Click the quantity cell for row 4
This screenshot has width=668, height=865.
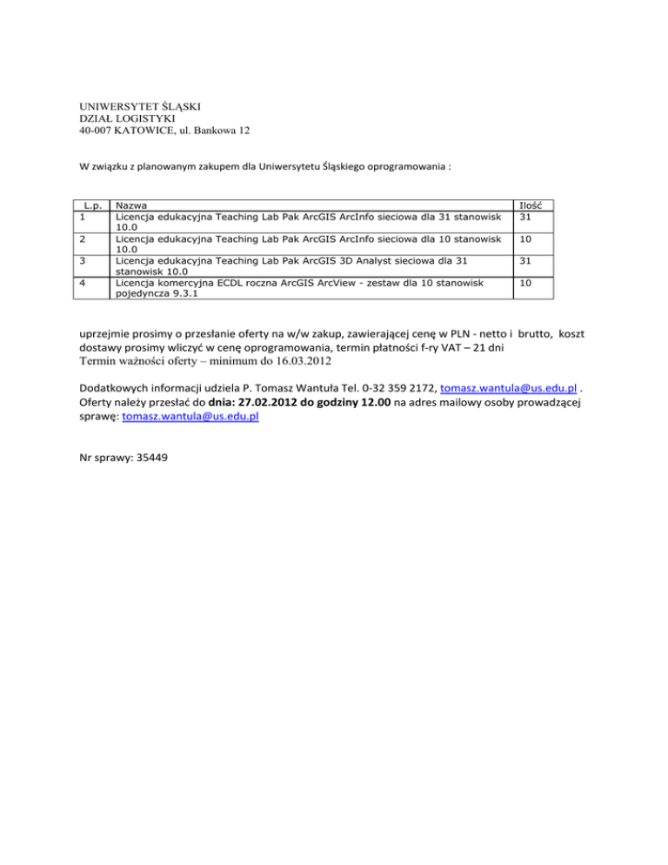[x=525, y=284]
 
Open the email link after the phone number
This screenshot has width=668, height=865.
[x=503, y=387]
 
